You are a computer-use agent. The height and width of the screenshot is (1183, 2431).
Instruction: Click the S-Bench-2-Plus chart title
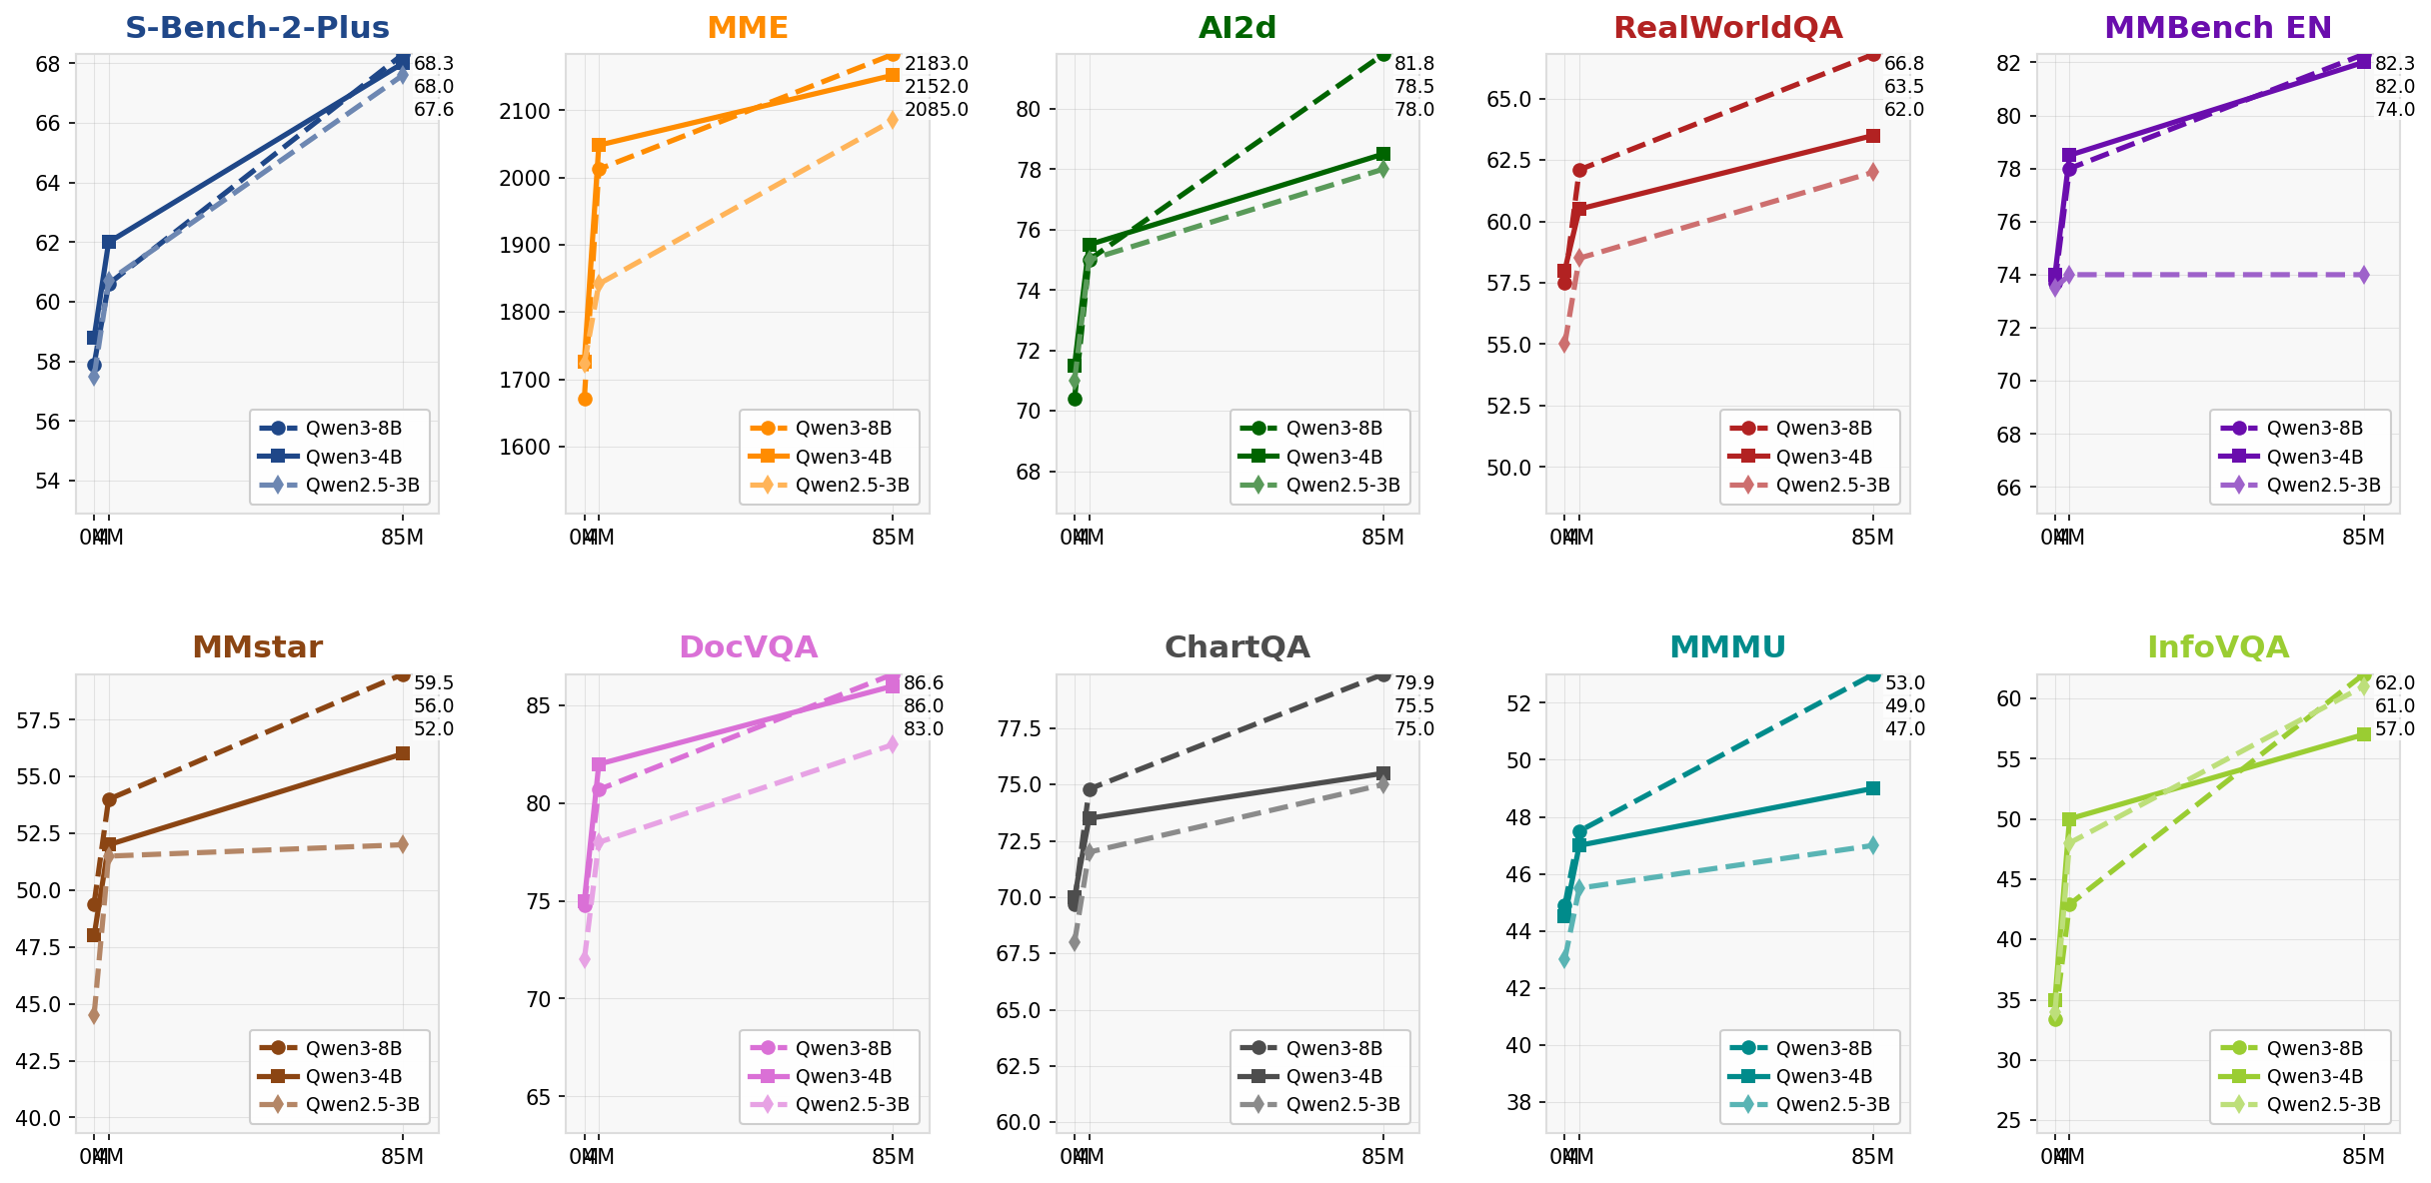coord(257,28)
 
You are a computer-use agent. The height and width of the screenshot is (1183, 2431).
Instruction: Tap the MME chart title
coord(748,28)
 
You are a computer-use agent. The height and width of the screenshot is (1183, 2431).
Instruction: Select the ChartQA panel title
coord(1237,647)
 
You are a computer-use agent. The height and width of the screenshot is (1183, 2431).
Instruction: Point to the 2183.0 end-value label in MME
coord(936,64)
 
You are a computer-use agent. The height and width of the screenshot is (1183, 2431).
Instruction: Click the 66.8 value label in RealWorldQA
coord(1904,64)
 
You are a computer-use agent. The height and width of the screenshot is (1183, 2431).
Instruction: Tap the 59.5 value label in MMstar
coord(434,683)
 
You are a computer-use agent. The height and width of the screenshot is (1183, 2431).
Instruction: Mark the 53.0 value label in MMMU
coord(1904,683)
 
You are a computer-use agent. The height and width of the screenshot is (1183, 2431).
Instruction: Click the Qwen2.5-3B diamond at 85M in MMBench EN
coord(2363,275)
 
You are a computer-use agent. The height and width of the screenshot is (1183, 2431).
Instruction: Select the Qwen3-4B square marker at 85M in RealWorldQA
coord(1873,136)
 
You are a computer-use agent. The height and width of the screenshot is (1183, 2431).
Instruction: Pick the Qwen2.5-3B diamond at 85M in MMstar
coord(403,844)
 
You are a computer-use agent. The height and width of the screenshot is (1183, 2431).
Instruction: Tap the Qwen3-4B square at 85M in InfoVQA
coord(2363,734)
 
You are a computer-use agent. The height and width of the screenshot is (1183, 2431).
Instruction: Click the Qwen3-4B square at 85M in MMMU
coord(1873,788)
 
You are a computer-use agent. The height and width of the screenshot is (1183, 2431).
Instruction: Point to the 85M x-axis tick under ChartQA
coord(1382,1157)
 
